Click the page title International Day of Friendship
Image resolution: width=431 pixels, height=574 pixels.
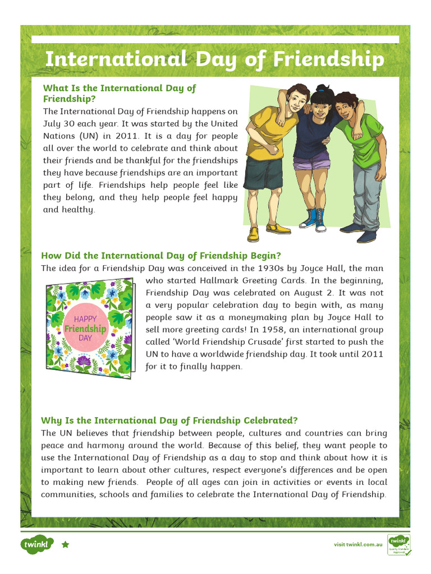click(x=214, y=59)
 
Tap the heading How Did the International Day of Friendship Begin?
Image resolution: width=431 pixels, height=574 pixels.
click(x=161, y=256)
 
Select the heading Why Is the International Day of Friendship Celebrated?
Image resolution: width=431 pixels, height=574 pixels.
click(x=169, y=420)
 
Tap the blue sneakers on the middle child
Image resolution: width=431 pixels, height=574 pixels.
click(x=314, y=219)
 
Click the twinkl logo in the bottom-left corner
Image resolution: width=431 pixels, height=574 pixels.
click(x=37, y=544)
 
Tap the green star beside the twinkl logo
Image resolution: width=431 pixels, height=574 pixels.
click(x=65, y=544)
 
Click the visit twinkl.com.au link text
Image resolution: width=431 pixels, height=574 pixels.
click(x=358, y=544)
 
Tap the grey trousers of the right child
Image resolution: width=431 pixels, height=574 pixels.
click(x=365, y=193)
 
